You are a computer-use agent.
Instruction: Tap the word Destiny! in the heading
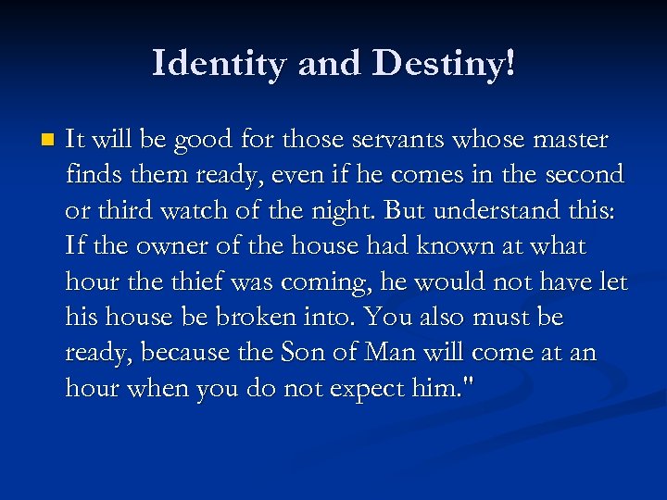pos(444,64)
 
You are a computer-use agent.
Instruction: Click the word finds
pos(90,176)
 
